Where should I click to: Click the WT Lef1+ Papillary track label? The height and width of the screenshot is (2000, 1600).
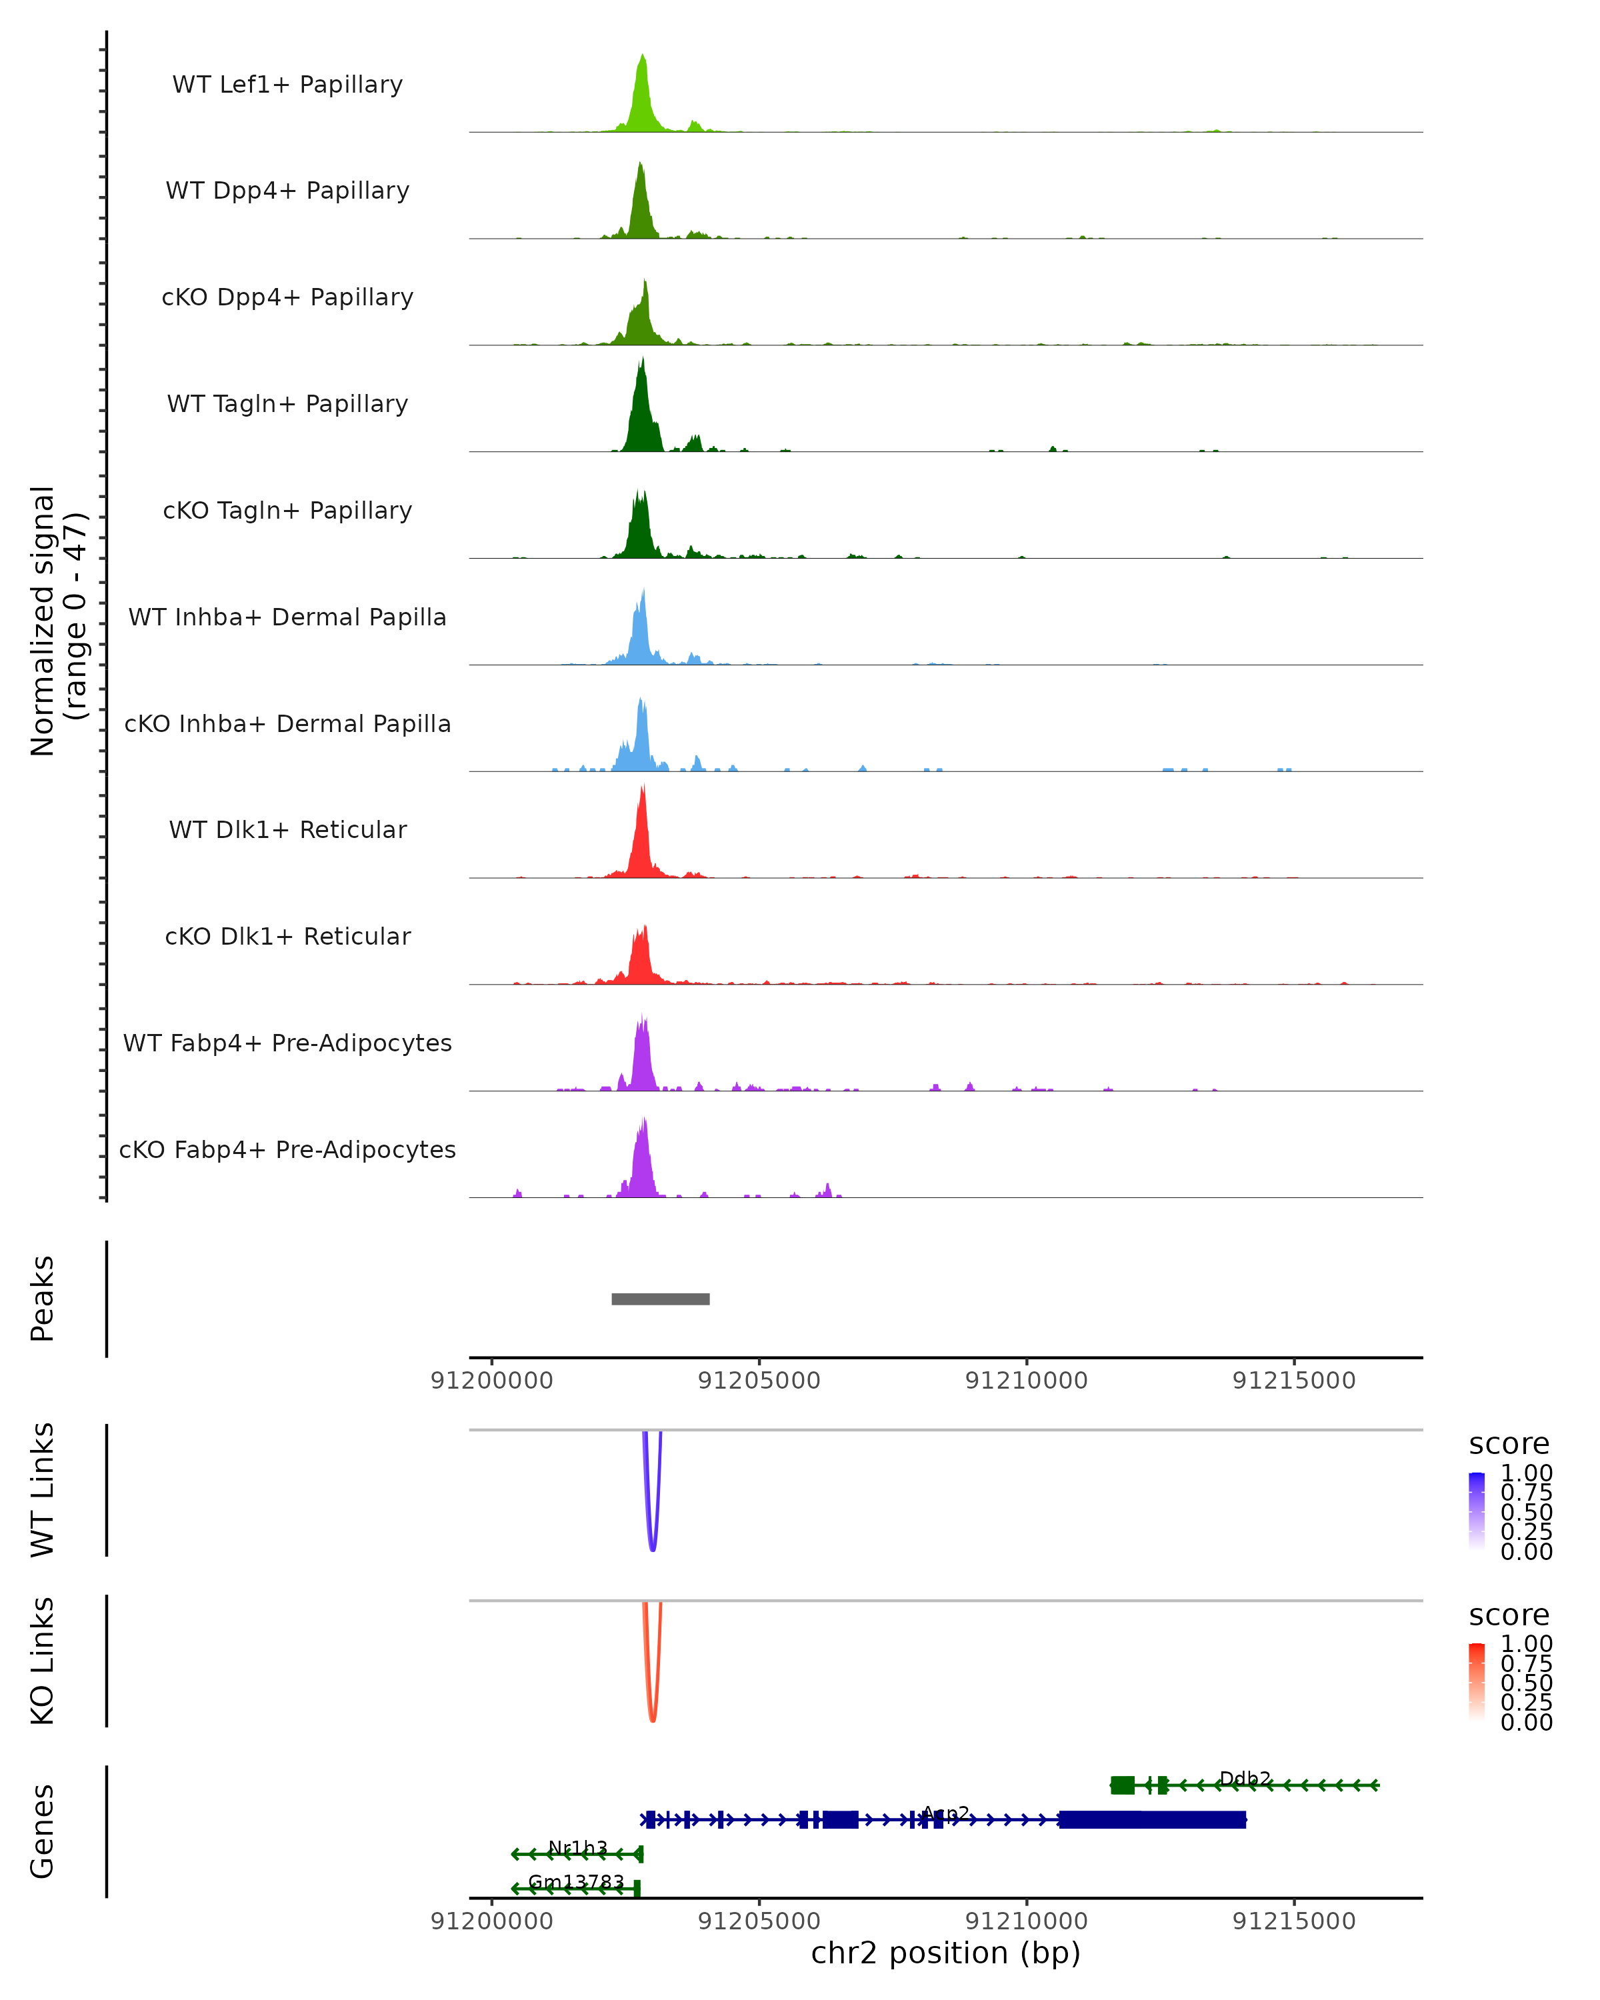(287, 85)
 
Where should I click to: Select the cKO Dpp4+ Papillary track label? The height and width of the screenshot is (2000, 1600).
(287, 298)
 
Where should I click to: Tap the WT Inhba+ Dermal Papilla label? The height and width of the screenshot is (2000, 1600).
(287, 618)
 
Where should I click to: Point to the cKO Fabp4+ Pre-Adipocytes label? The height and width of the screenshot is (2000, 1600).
(287, 1150)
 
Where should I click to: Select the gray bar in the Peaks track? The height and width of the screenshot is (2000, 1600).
(661, 1299)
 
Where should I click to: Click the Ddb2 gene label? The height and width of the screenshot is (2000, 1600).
(1245, 1778)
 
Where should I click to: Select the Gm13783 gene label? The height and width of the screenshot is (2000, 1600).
(576, 1882)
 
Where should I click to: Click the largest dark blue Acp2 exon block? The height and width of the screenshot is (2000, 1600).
(1152, 1819)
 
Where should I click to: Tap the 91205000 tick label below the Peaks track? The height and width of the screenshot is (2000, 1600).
(759, 1381)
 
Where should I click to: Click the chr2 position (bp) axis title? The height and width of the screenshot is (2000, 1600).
(945, 1953)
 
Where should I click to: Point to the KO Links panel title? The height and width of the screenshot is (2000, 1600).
(43, 1661)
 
